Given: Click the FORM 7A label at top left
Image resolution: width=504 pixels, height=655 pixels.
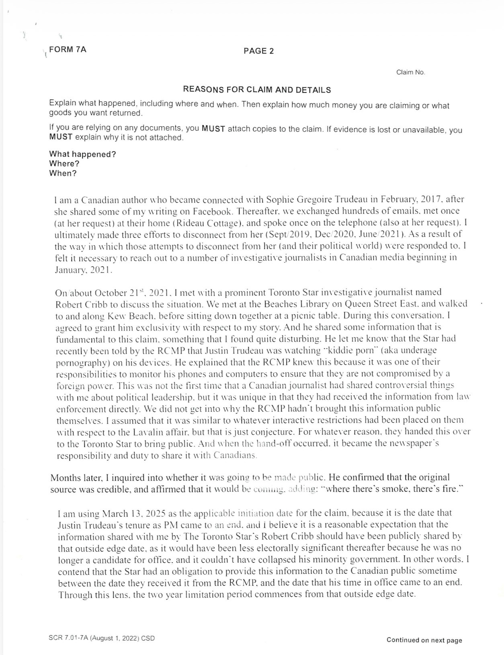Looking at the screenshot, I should point(68,49).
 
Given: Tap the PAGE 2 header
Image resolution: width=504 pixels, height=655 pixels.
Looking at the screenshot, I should point(258,51).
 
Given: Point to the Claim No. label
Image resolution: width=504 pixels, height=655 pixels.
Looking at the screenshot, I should point(410,72).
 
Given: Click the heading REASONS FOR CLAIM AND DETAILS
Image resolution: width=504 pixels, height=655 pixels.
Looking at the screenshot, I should point(257,90).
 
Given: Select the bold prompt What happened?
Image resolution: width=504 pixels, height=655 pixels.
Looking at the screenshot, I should point(82,154).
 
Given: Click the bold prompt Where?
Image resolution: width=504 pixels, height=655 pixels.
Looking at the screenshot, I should point(64,164).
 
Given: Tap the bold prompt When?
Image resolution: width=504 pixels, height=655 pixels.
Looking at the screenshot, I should point(63,173).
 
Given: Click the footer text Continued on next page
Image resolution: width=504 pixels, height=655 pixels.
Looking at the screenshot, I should point(424,640).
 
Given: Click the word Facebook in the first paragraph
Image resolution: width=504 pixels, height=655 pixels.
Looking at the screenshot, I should point(212,211).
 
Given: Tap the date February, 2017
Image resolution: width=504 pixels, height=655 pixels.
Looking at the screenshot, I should point(412,199).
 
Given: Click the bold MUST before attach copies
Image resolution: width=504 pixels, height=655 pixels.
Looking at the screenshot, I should point(213,129).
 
